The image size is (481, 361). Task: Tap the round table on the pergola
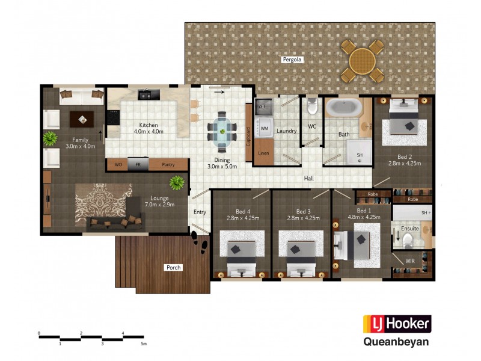point(362,60)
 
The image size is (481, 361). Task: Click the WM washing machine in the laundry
point(263,128)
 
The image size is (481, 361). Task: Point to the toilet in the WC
point(312,108)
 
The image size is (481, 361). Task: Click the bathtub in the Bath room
point(343,109)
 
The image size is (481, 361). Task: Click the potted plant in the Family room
point(49,139)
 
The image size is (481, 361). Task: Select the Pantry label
point(168,164)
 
